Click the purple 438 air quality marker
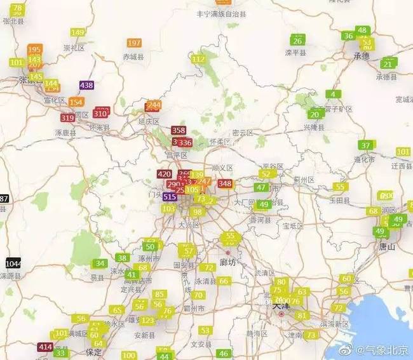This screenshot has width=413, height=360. point(86,86)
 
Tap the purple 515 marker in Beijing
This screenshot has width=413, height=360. point(170,197)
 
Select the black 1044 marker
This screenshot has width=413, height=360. point(13,263)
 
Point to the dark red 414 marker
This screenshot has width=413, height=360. point(45,347)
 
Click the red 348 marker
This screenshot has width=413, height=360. point(225,183)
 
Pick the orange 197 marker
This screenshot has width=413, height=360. point(134,43)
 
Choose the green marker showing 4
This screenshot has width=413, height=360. point(332,95)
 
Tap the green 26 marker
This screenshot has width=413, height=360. point(297,41)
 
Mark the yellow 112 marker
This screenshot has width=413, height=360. point(199,59)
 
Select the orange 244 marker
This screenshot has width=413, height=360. point(153,105)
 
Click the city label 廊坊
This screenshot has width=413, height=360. point(227,262)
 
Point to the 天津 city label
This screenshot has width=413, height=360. point(280,306)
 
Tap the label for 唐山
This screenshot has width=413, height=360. point(387,246)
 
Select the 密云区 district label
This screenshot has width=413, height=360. point(243,133)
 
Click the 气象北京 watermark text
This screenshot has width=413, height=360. point(387,350)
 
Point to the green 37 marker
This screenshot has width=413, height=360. point(365,145)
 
